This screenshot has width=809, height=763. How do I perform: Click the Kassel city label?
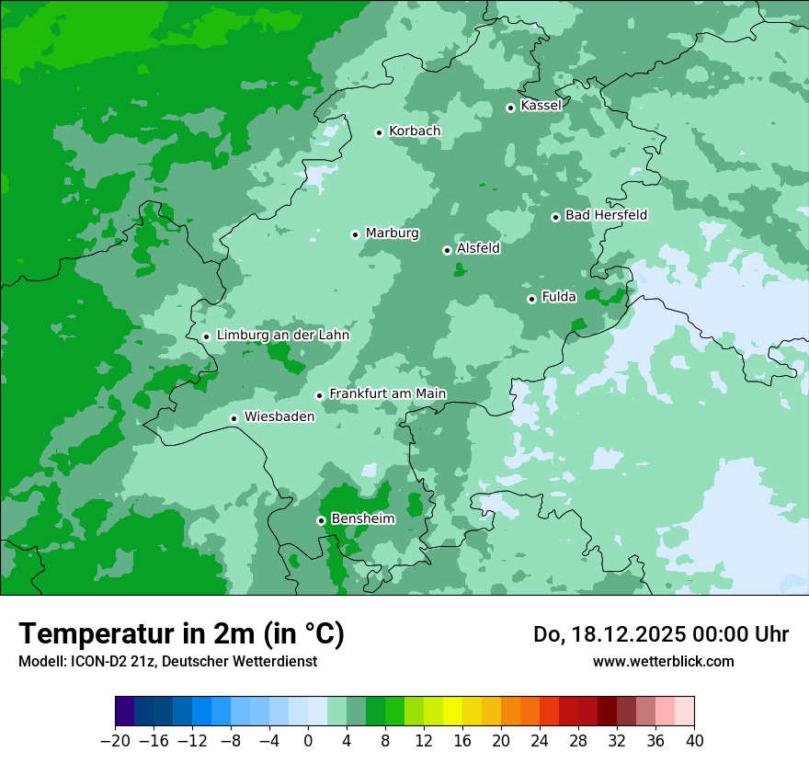[x=541, y=106]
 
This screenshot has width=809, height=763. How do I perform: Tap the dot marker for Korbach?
[x=379, y=132]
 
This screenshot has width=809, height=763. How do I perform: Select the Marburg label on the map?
[x=392, y=233]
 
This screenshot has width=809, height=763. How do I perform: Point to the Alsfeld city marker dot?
[x=447, y=250]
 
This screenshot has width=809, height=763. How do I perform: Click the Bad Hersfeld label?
[x=606, y=215]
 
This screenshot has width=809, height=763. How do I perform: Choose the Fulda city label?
[x=559, y=297]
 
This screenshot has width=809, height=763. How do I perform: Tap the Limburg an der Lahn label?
[x=283, y=336]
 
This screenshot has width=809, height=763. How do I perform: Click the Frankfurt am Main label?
[x=387, y=393]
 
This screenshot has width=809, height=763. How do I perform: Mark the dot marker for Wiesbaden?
[x=234, y=418]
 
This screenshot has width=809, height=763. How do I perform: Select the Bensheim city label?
[x=362, y=519]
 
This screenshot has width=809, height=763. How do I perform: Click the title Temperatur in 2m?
[x=181, y=633]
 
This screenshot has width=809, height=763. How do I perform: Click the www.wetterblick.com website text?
[x=663, y=661]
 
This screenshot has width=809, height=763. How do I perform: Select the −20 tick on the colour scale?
[x=116, y=741]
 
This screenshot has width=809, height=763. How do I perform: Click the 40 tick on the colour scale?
[x=694, y=741]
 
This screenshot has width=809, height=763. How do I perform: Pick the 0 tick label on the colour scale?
[x=308, y=741]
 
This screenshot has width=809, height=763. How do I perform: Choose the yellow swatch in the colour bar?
[x=452, y=712]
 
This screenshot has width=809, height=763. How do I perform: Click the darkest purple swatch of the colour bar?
[x=125, y=712]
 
